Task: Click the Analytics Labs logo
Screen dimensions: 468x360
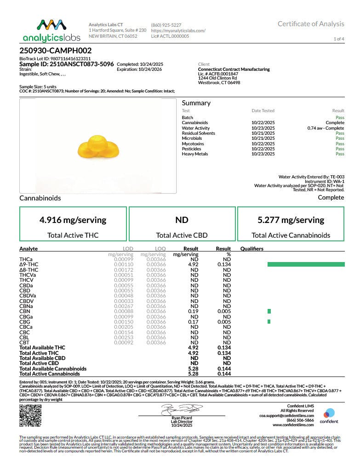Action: point(51,30)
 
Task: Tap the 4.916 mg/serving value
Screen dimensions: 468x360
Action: point(73,220)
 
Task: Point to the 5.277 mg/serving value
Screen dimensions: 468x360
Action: point(291,220)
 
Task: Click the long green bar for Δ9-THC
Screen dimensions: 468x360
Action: point(305,264)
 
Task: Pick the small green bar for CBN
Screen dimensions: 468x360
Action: point(269,311)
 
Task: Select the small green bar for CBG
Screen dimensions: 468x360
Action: point(269,321)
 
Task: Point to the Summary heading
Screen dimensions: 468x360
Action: point(196,103)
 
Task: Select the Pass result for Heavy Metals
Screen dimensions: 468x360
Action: point(340,154)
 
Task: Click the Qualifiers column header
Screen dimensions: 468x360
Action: point(252,249)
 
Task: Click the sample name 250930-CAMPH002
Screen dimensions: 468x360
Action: point(56,51)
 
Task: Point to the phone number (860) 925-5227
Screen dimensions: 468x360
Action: point(166,24)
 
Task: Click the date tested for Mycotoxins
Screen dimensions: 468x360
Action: point(263,144)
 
